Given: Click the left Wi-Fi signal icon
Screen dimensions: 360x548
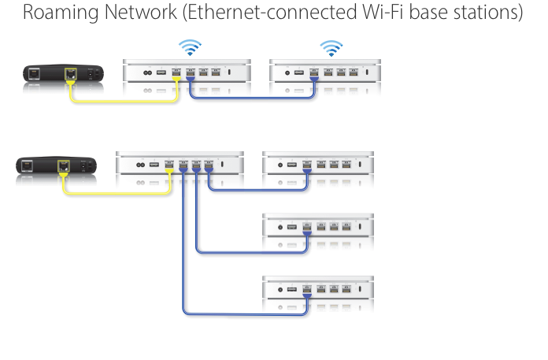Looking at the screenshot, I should (189, 47).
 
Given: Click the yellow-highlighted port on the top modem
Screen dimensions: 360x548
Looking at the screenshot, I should (72, 75).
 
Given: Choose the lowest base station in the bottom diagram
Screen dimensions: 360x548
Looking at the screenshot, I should (319, 290).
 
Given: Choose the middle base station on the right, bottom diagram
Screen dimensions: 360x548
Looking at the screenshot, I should (319, 228).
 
